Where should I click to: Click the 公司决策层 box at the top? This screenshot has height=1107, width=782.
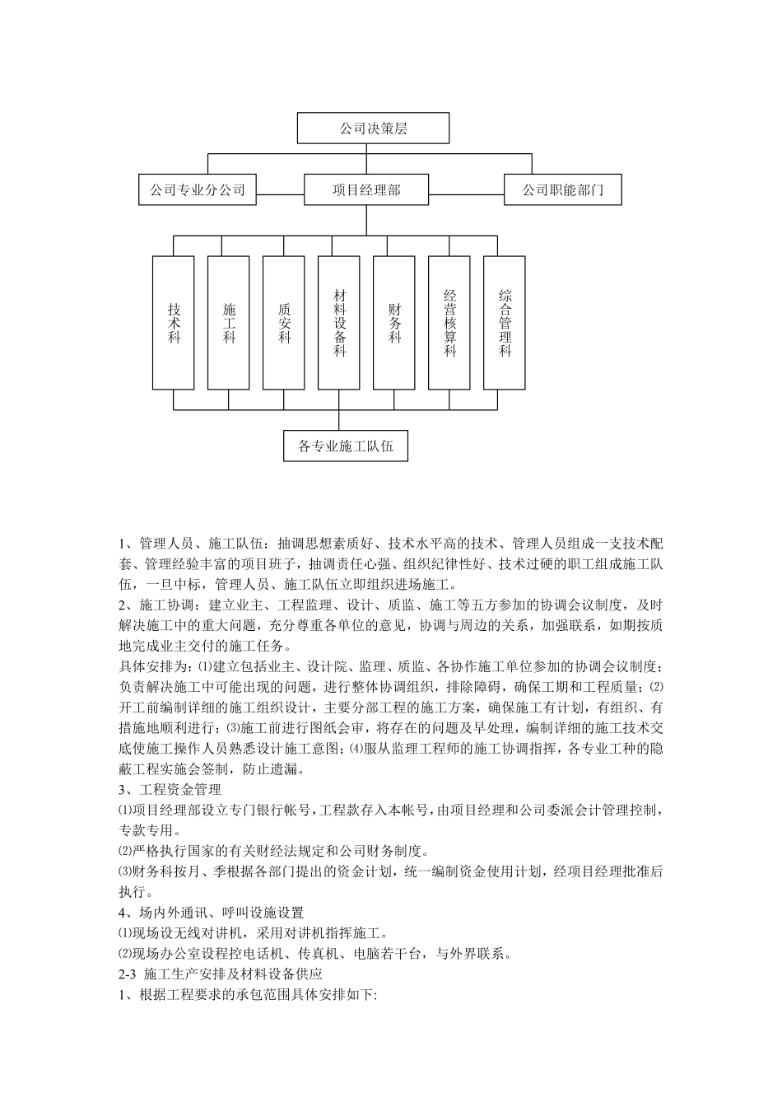tap(373, 128)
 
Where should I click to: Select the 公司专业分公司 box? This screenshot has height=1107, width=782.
tap(198, 189)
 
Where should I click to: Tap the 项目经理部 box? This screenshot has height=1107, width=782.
tap(366, 189)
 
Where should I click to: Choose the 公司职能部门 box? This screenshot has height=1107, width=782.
tap(562, 189)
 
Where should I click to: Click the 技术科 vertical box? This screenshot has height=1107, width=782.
tap(174, 322)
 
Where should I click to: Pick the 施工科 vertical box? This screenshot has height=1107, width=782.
tap(229, 322)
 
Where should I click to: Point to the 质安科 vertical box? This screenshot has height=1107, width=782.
tap(284, 322)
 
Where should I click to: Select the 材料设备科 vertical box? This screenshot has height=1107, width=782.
tap(339, 322)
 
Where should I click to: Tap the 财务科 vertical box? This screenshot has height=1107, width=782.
tap(394, 322)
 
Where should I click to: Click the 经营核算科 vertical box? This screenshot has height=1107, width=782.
tap(449, 322)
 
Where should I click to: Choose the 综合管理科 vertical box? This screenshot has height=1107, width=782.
tap(505, 322)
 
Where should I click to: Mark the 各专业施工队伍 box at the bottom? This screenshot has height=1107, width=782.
tap(345, 446)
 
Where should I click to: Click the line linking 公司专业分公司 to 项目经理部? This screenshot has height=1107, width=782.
tap(280, 194)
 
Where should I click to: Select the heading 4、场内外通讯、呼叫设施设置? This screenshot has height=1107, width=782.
tap(212, 913)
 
